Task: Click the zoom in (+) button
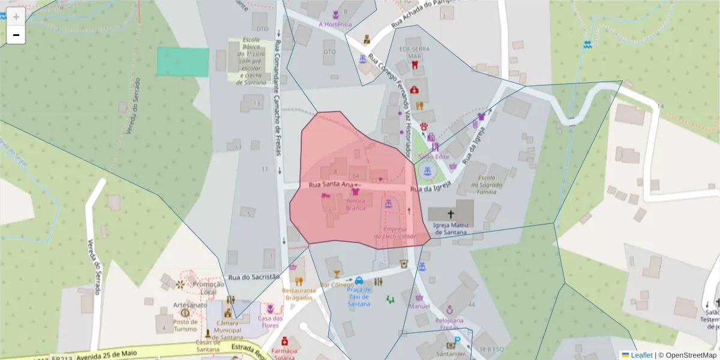16,16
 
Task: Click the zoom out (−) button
16,35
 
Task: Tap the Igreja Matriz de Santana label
450,229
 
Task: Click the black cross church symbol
451,214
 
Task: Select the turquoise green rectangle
183,62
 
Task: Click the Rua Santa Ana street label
330,185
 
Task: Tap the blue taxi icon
359,280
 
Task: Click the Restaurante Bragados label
298,294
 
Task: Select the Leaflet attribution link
641,355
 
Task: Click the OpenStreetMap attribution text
687,355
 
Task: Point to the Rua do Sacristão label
254,277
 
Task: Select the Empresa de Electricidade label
395,233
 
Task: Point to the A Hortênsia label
335,25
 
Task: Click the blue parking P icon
457,340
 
